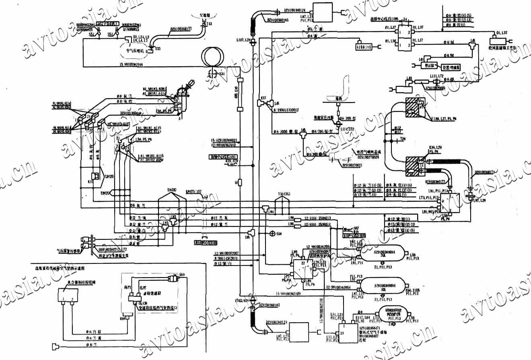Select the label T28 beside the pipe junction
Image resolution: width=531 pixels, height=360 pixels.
point(404,139)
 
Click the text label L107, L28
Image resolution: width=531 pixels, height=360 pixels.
point(243,40)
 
